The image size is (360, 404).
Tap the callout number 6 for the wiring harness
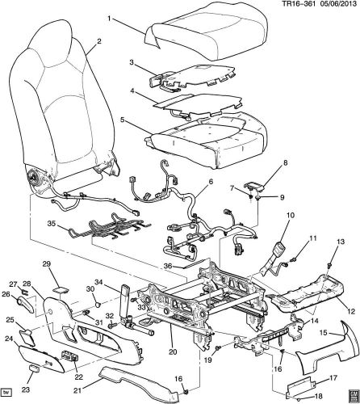click(212, 205)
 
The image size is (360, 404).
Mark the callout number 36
click(166, 266)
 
